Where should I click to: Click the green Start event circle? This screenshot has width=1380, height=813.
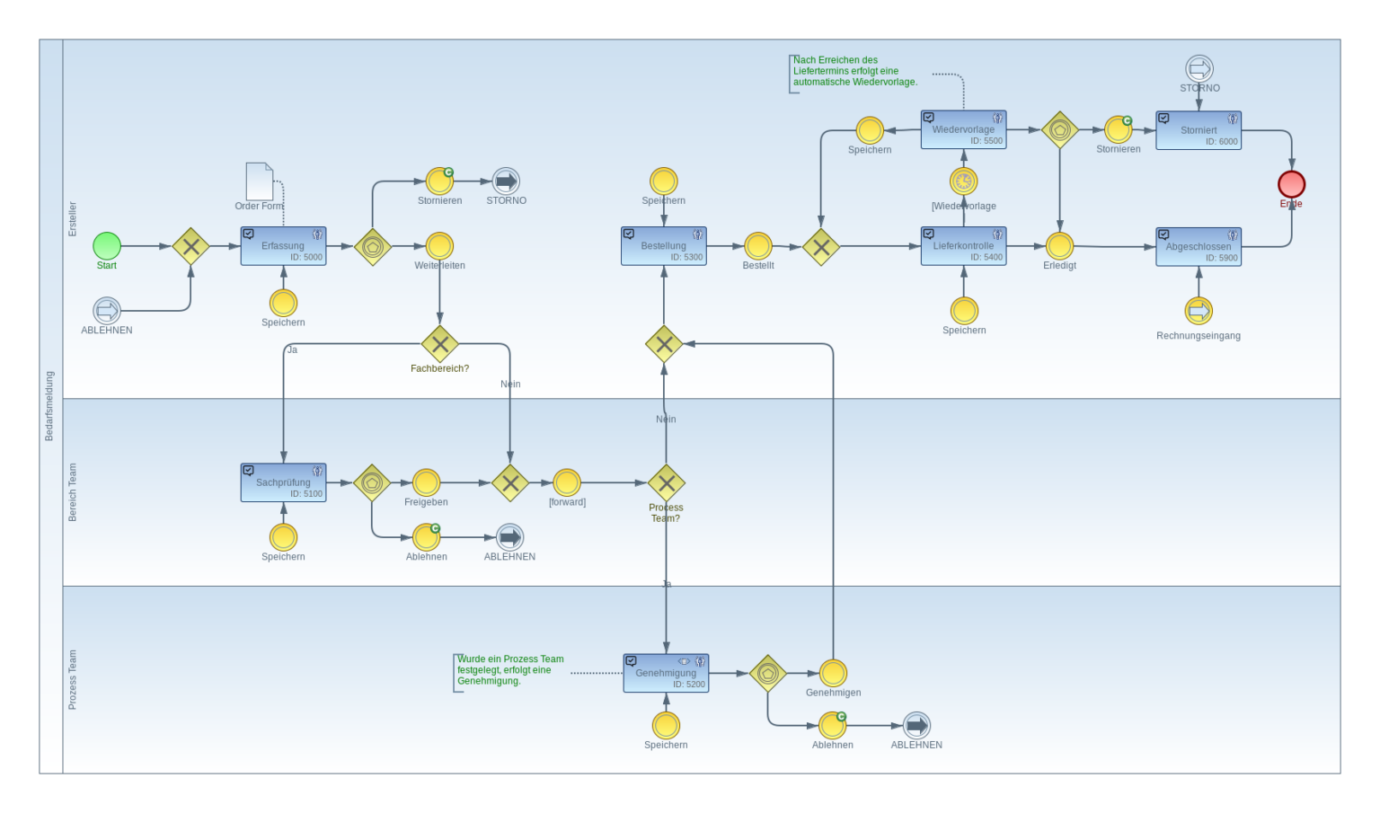point(107,245)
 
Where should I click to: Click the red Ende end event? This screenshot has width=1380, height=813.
point(1291,184)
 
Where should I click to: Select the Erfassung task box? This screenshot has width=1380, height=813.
point(283,246)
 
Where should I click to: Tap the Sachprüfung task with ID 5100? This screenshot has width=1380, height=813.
point(283,482)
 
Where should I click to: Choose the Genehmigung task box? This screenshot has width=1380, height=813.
point(666,673)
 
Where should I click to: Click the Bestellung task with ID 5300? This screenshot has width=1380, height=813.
point(664,246)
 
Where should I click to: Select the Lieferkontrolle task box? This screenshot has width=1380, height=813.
point(963,246)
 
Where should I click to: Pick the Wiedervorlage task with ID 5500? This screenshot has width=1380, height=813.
point(963,129)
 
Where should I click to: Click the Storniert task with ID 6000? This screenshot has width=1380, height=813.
point(1199,130)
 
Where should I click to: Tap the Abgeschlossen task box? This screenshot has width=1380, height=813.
point(1199,247)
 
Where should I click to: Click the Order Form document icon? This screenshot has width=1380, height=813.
point(260,181)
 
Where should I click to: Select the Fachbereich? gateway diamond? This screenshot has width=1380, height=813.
point(439,343)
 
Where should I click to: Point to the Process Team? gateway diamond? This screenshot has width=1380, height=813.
point(666,483)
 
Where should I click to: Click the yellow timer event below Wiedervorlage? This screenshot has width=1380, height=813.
point(963,181)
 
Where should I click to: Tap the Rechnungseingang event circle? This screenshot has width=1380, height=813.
point(1199,311)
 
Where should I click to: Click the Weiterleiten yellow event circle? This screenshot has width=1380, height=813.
point(439,245)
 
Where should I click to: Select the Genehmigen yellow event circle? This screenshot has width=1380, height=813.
point(833,673)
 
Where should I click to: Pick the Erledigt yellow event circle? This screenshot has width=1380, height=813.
point(1059,245)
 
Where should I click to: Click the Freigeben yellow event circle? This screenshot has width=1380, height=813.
point(426,482)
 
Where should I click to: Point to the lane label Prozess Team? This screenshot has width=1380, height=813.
point(73,679)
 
